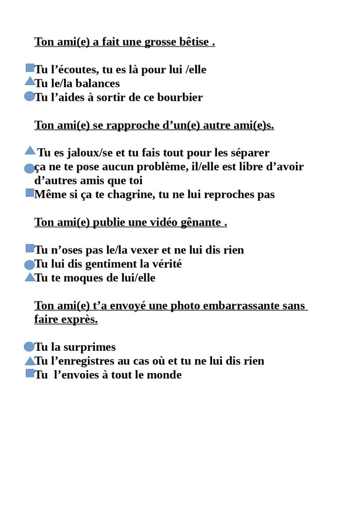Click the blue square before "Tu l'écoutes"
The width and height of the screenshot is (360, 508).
coord(30,67)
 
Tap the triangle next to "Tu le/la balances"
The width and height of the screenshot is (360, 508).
coord(30,81)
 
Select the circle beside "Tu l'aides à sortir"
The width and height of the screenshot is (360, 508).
coord(29,96)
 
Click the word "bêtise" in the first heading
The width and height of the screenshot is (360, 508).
coord(191,42)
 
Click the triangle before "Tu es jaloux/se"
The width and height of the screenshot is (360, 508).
coord(30,150)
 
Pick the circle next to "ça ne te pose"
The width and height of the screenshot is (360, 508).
coord(29,169)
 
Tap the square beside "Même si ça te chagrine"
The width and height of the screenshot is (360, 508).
coord(30,192)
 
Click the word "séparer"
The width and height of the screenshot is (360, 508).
coord(246,153)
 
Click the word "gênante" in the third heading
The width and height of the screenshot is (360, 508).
coord(202,222)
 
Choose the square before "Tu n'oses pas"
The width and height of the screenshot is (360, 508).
coord(30,248)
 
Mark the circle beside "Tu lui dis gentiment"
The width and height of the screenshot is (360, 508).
coord(29,265)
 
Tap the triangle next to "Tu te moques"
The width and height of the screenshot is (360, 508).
coord(30,277)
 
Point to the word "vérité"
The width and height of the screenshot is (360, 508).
coord(165,264)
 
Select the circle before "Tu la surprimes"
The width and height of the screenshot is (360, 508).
coord(29,347)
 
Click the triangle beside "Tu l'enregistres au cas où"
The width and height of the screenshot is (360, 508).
coord(30,361)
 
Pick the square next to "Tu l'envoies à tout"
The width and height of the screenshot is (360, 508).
coord(30,373)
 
